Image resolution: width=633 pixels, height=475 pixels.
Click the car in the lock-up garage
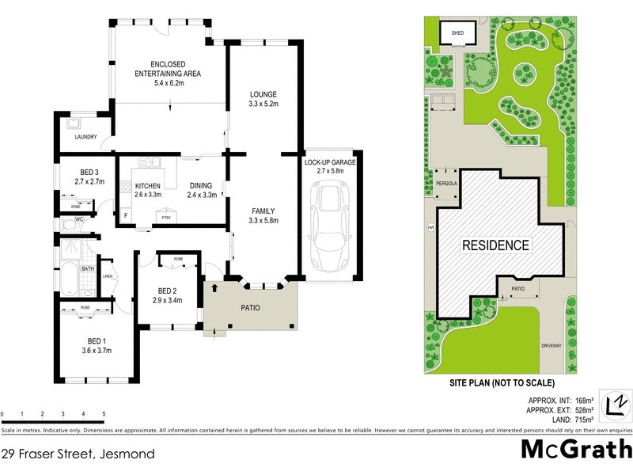tap(332, 226)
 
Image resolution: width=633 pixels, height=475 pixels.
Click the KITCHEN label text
tap(147, 186)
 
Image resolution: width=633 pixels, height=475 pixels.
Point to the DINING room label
tap(199, 186)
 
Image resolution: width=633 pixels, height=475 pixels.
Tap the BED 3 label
tap(89, 172)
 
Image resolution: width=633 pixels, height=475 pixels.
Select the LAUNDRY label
tap(85, 137)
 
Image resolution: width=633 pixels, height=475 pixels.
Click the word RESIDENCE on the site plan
tap(495, 245)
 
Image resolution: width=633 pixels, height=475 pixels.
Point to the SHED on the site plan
tap(457, 33)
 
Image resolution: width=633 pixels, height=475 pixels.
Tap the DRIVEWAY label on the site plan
tap(552, 345)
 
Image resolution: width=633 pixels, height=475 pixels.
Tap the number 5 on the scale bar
tap(104, 415)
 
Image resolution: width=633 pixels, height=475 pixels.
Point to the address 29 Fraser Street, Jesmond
tap(77, 454)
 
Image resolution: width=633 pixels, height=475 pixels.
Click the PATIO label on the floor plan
tap(250, 307)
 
